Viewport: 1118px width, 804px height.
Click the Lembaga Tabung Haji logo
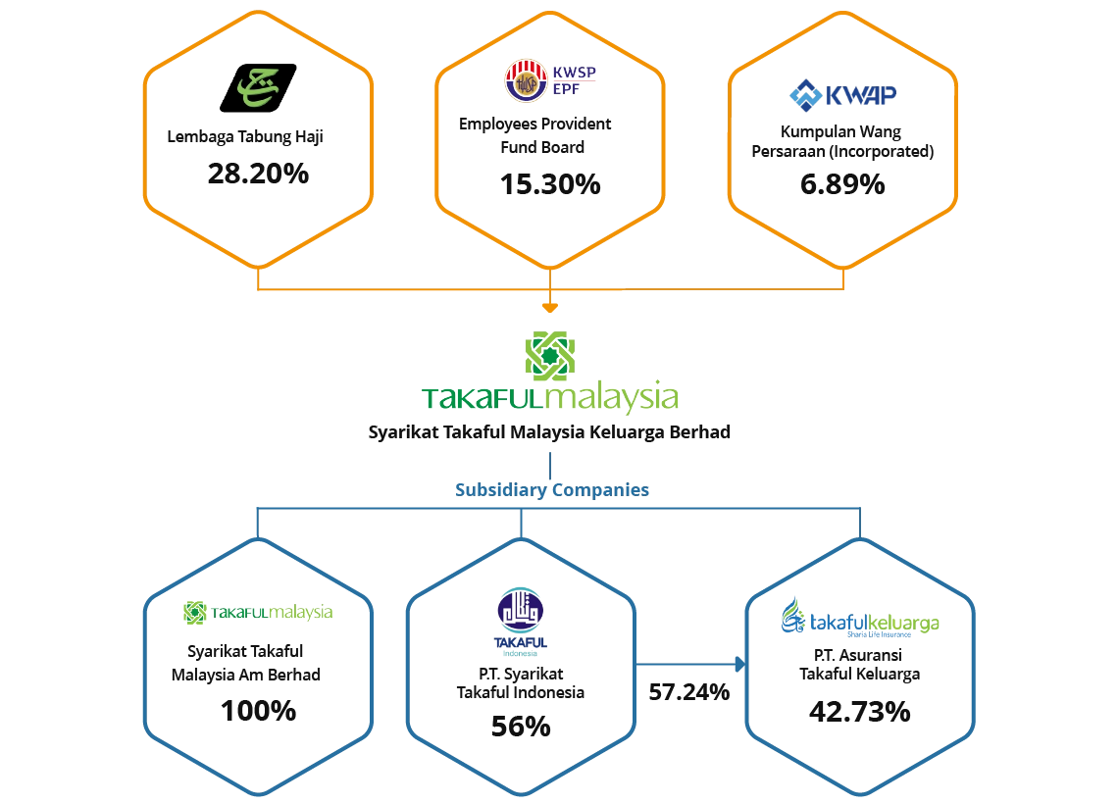[258, 87]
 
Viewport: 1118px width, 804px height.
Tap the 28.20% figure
[258, 174]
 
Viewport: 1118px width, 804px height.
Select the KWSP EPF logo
[550, 80]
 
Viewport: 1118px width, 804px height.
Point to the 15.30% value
[550, 184]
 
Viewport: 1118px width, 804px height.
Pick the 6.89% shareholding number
[842, 184]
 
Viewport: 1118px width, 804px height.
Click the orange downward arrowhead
[550, 308]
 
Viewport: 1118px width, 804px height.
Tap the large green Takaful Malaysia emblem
[550, 355]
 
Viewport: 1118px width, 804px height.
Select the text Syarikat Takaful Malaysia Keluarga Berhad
[549, 432]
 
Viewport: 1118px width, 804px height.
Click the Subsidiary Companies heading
[552, 489]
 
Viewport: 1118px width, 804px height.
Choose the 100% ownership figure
[258, 711]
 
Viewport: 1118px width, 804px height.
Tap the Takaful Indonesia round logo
[521, 610]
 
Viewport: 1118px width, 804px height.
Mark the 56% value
[521, 727]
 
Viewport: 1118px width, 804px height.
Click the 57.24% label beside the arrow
[688, 692]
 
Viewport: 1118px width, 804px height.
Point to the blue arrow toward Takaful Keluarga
[690, 665]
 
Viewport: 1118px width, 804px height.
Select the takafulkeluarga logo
[860, 618]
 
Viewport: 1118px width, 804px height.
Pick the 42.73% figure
[860, 712]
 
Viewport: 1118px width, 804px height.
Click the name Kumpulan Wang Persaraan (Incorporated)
[842, 141]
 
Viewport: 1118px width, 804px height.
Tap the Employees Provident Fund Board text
[535, 135]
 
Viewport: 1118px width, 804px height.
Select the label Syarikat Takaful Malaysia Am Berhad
[246, 663]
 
